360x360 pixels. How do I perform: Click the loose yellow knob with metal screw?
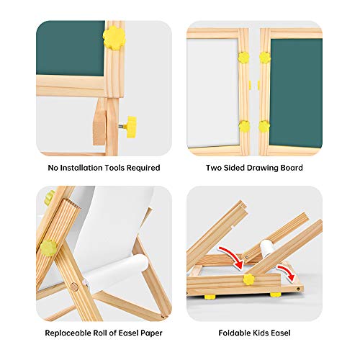pos(130,127)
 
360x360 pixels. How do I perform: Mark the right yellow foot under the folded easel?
pos(275,294)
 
